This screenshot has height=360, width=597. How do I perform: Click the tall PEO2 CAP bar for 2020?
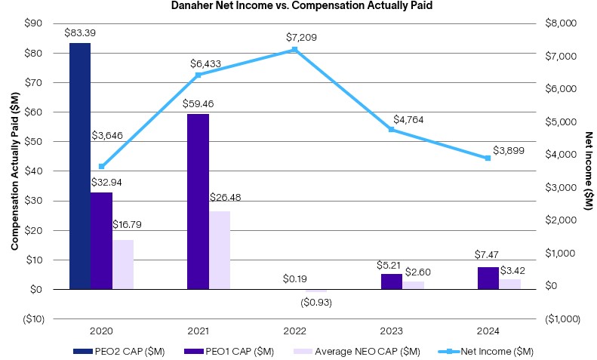pos(80,166)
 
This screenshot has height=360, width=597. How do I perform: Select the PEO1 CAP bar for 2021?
pos(198,202)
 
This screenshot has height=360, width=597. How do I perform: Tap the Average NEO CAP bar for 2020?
pos(123,264)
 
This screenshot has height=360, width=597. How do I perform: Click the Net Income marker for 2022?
pos(294,50)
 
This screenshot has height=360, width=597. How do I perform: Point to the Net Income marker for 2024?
pos(488,158)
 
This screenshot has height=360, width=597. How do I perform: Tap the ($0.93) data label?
pos(317,302)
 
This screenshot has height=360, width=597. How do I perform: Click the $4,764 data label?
pos(408,120)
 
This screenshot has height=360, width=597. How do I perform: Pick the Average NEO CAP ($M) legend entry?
pos(361,351)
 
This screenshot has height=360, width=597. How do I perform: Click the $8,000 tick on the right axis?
pos(560,23)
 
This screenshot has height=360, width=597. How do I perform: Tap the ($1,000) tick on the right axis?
pos(562,318)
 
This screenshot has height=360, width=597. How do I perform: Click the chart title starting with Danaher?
pos(299,7)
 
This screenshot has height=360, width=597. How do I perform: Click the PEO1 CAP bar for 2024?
pos(488,278)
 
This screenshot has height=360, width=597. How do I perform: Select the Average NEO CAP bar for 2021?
pos(220,250)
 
